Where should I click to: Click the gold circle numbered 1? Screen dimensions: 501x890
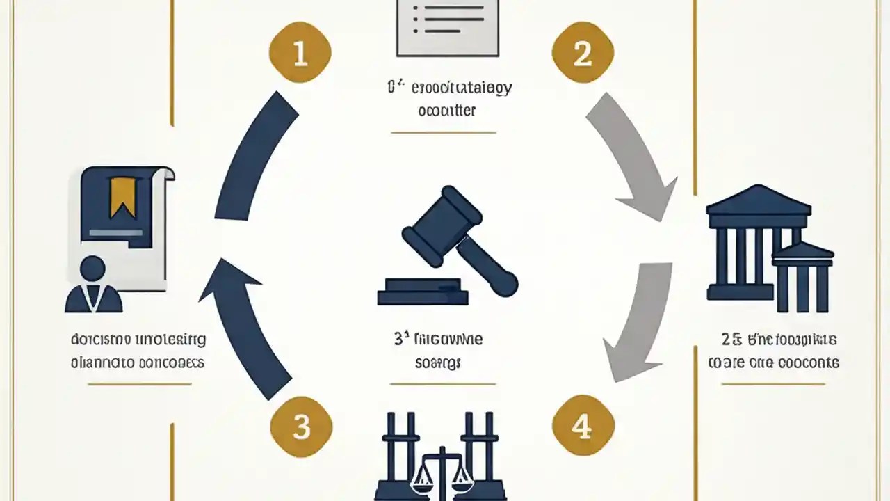[300, 54]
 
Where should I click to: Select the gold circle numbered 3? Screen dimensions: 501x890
[300, 427]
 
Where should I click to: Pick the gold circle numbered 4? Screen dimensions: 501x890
[583, 427]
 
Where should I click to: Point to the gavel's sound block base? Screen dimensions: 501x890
[423, 292]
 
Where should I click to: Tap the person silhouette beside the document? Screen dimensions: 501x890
[94, 285]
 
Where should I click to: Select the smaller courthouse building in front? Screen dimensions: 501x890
[803, 278]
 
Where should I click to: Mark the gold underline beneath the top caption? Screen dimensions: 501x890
[444, 132]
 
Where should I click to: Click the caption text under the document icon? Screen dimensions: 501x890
[138, 351]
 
